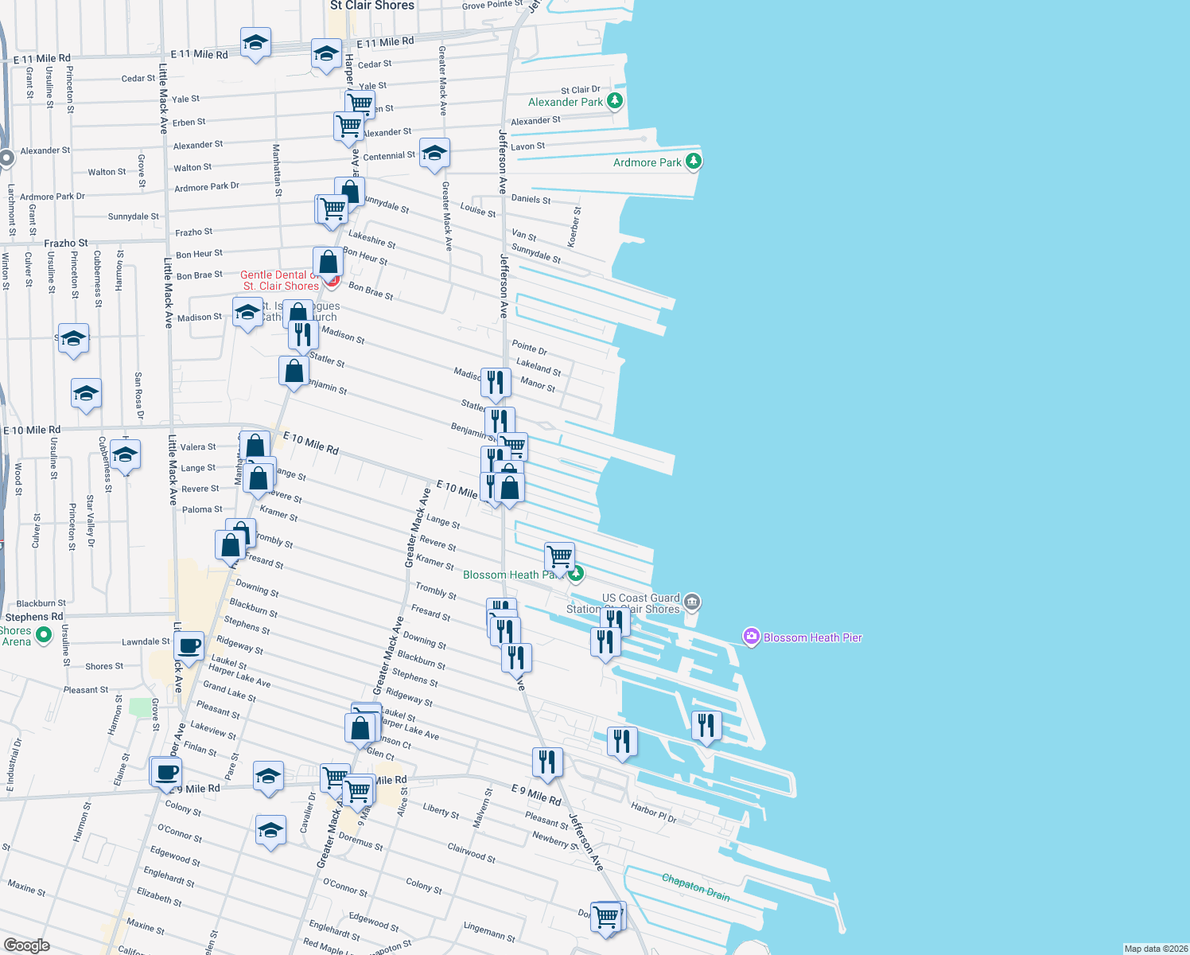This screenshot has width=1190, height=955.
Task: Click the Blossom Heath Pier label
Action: click(812, 637)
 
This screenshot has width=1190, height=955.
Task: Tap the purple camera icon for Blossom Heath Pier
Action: click(751, 637)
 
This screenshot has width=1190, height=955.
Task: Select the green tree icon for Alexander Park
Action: click(614, 101)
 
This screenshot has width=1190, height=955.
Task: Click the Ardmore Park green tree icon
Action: click(694, 162)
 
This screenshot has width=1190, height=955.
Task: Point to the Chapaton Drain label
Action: click(696, 887)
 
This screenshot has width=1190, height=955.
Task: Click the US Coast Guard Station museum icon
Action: click(692, 602)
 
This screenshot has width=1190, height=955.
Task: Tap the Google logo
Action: click(26, 945)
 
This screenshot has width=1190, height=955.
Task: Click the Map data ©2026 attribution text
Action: click(1155, 949)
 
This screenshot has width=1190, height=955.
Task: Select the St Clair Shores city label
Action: click(372, 6)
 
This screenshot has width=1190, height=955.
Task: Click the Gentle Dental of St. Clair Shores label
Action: click(280, 280)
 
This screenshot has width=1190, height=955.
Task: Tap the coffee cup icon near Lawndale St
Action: click(189, 646)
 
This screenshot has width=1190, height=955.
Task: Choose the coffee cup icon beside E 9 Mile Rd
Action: click(167, 772)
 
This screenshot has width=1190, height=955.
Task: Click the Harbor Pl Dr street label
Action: click(653, 812)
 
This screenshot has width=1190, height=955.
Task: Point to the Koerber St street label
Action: click(574, 227)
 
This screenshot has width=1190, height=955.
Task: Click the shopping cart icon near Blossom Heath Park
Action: click(560, 556)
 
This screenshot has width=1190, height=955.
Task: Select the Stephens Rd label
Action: click(34, 617)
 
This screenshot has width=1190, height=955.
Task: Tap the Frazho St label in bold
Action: click(66, 243)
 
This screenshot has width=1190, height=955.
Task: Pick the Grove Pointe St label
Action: click(492, 5)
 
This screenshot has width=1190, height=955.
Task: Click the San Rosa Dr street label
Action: click(138, 396)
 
